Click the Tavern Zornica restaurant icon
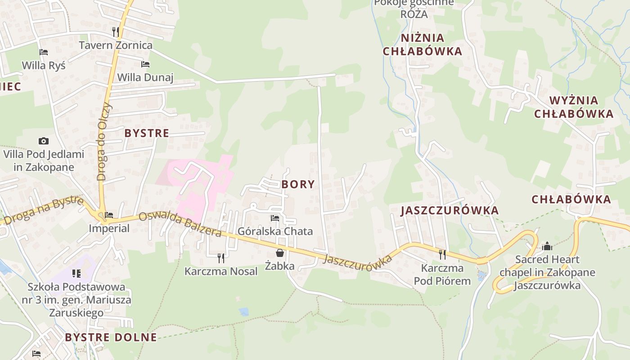pyautogui.click(x=116, y=31)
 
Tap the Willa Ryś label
pyautogui.click(x=44, y=65)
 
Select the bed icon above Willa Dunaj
pyautogui.click(x=145, y=64)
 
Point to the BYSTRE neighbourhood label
pyautogui.click(x=147, y=133)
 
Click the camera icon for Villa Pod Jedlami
pyautogui.click(x=44, y=141)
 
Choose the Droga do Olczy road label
pyautogui.click(x=103, y=141)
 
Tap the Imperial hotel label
pyautogui.click(x=109, y=228)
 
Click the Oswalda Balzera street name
pyautogui.click(x=180, y=224)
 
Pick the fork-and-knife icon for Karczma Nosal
pyautogui.click(x=221, y=258)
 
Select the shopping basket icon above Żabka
pyautogui.click(x=280, y=253)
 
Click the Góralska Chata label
pyautogui.click(x=275, y=231)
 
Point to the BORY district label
pyautogui.click(x=298, y=184)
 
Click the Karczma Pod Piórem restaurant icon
pyautogui.click(x=442, y=255)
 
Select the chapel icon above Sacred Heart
pyautogui.click(x=547, y=246)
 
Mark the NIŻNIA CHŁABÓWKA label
pyautogui.click(x=422, y=45)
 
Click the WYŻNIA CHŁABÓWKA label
pyautogui.click(x=574, y=107)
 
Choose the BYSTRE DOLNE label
pyautogui.click(x=111, y=337)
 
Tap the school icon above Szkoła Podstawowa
pyautogui.click(x=76, y=273)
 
